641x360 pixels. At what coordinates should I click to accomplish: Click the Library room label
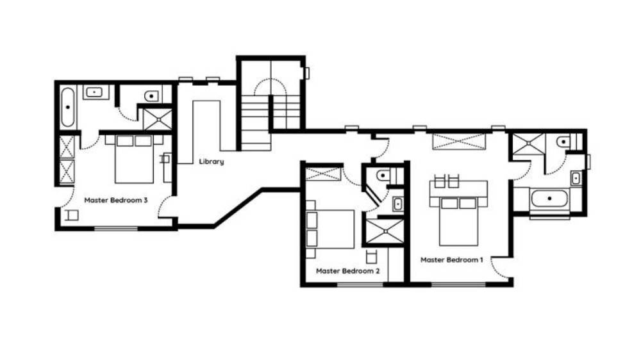click(212, 162)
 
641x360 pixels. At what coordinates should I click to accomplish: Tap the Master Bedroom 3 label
click(115, 200)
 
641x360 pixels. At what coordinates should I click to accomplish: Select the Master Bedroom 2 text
click(348, 271)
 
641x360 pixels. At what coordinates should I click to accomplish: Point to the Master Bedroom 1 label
click(452, 260)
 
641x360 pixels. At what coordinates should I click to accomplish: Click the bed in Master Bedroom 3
click(134, 160)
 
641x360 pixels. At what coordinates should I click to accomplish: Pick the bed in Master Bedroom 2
click(330, 229)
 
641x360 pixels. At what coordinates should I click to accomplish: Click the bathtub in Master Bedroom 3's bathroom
click(68, 107)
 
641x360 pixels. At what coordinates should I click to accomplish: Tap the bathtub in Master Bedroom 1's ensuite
click(549, 199)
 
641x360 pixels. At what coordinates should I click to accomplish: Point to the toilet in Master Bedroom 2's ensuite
click(385, 176)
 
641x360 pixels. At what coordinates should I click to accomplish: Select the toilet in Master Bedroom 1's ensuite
click(566, 142)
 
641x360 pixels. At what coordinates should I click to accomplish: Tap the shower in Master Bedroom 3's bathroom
click(158, 119)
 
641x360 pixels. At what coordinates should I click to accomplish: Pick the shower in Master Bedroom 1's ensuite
click(529, 144)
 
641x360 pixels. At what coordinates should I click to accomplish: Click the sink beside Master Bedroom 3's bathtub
click(96, 92)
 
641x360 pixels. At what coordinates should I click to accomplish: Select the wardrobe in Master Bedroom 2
click(323, 174)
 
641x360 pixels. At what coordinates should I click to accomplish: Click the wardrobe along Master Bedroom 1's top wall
click(460, 142)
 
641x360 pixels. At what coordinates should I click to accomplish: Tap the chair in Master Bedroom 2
click(371, 257)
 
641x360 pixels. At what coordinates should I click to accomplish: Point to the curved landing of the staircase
click(271, 86)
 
